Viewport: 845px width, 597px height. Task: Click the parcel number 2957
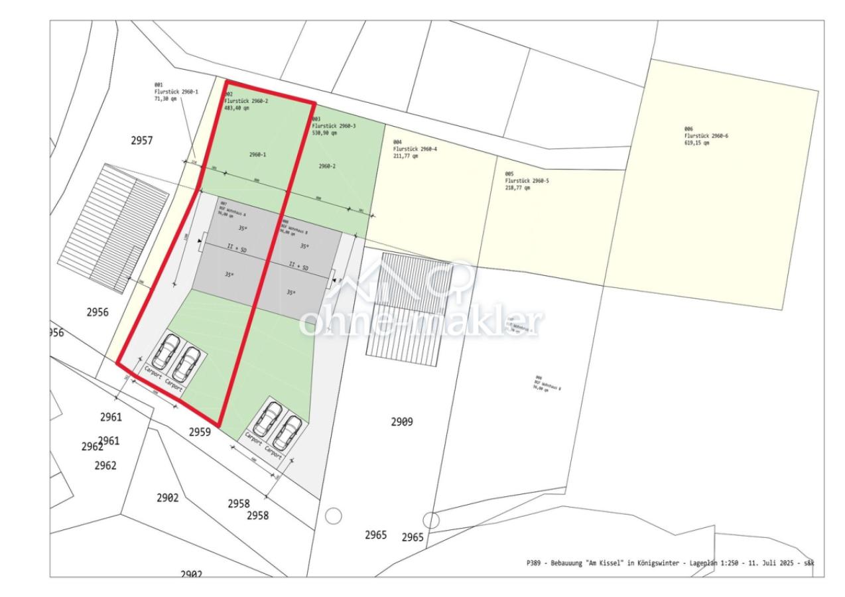pos(142,141)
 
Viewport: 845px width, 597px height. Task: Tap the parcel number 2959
pos(200,432)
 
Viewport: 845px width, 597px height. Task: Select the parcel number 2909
pos(402,421)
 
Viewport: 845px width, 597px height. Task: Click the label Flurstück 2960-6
pos(706,136)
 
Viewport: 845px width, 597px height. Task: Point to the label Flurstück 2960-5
pos(527,180)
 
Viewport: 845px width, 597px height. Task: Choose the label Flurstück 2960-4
pos(415,149)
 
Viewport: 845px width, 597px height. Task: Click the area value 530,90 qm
pos(324,133)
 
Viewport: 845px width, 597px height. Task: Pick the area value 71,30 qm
pos(166,98)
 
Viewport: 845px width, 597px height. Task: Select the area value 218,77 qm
pos(517,188)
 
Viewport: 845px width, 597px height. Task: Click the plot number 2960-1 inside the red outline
pos(258,155)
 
